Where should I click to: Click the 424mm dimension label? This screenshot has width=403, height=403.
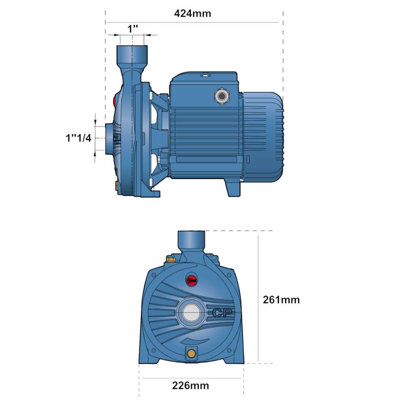pyautogui.click(x=193, y=13)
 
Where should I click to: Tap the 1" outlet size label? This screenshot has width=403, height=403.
pyautogui.click(x=133, y=29)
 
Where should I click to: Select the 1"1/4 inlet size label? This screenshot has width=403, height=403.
pyautogui.click(x=79, y=138)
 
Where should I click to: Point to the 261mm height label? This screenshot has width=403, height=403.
pyautogui.click(x=281, y=300)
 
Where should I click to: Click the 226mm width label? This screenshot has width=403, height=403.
pyautogui.click(x=191, y=386)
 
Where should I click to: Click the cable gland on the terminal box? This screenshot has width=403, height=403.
pyautogui.click(x=222, y=96)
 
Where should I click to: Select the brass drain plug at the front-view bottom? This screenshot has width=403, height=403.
pyautogui.click(x=191, y=354)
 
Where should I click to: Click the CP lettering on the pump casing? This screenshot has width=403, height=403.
pyautogui.click(x=222, y=313)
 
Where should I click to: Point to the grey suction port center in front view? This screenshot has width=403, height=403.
pyautogui.click(x=191, y=313)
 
